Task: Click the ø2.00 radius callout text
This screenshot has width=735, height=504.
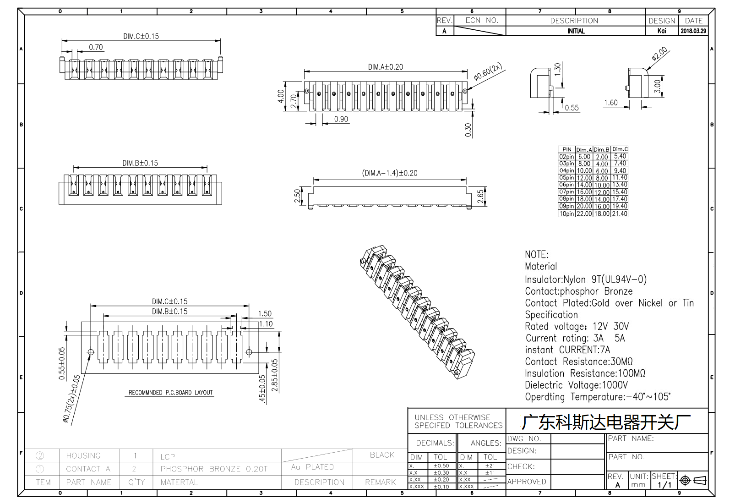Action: (x=659, y=54)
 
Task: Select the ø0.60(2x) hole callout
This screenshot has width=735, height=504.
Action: (x=488, y=71)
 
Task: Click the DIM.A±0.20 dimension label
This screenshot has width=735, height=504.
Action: (x=385, y=67)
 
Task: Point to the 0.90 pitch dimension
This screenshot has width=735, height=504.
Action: (x=341, y=119)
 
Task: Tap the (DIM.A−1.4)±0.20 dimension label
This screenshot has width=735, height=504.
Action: (x=390, y=173)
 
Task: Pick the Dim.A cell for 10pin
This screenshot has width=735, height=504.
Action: (x=584, y=214)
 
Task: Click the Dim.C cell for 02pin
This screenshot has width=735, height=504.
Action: (x=620, y=156)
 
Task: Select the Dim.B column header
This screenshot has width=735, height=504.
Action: (x=602, y=150)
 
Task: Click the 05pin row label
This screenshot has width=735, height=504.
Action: (x=566, y=178)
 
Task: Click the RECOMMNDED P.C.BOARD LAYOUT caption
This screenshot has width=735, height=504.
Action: (x=171, y=392)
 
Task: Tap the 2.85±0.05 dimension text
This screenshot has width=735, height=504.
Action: (x=275, y=375)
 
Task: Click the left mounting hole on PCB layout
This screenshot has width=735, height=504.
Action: (x=91, y=352)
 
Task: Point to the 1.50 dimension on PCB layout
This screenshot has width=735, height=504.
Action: (x=265, y=313)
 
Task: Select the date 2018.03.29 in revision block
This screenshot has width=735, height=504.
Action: (x=693, y=31)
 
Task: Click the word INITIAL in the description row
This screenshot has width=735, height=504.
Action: (x=576, y=31)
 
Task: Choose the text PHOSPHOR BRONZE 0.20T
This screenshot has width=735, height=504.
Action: (x=214, y=469)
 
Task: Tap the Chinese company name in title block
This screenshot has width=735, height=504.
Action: (x=606, y=422)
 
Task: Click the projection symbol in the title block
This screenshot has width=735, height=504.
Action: (x=693, y=481)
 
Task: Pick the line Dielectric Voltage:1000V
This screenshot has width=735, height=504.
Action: (x=576, y=385)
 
